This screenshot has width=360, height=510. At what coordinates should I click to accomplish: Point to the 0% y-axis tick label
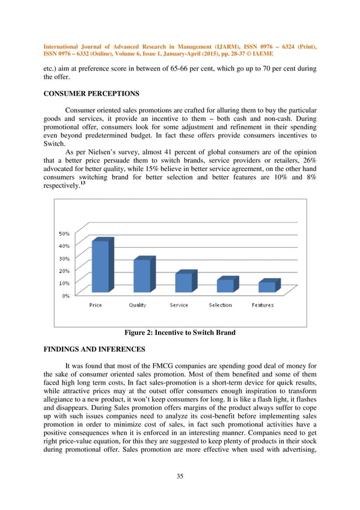click(66, 295)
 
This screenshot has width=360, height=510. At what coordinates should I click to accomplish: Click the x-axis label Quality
click(137, 305)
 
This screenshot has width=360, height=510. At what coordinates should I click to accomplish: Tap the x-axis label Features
click(262, 305)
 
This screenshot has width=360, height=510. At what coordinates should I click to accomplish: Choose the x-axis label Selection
click(220, 305)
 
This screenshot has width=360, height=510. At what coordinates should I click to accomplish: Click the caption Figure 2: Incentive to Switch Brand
click(180, 333)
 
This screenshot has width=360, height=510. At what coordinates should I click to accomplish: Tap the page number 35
click(180, 476)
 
